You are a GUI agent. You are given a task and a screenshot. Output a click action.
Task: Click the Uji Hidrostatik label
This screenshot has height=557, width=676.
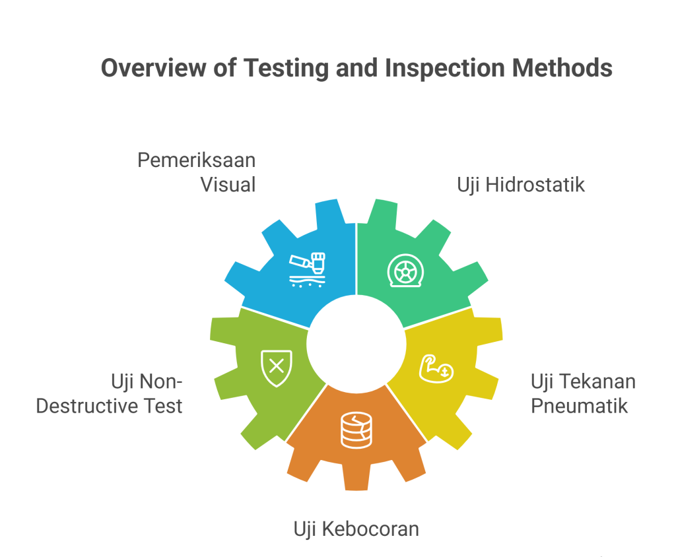pyautogui.click(x=521, y=185)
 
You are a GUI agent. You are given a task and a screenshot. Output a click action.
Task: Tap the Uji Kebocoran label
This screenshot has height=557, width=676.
pyautogui.click(x=356, y=529)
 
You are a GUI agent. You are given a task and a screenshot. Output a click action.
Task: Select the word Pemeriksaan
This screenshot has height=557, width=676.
pyautogui.click(x=197, y=160)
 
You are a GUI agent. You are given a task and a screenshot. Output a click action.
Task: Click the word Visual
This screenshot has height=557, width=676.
pyautogui.click(x=228, y=185)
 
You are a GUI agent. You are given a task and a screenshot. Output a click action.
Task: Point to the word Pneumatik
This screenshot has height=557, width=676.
pyautogui.click(x=579, y=406)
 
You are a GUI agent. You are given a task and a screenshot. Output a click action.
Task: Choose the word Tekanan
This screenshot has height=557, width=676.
pyautogui.click(x=603, y=381)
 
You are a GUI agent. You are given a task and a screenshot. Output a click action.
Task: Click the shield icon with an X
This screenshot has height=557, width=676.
pyautogui.click(x=277, y=368)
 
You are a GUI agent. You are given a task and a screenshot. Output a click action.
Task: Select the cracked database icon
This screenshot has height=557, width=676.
pyautogui.click(x=356, y=430)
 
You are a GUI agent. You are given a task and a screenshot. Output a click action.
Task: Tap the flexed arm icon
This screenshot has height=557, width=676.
pyautogui.click(x=436, y=369)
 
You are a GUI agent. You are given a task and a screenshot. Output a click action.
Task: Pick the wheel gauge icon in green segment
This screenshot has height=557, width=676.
pyautogui.click(x=405, y=271)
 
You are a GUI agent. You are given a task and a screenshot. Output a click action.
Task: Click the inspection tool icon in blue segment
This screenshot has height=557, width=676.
pyautogui.click(x=307, y=269)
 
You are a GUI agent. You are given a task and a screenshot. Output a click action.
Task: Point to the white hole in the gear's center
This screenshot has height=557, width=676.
pyautogui.click(x=356, y=344)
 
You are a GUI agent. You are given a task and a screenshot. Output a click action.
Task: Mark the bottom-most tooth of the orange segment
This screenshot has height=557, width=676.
pyautogui.click(x=356, y=476)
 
